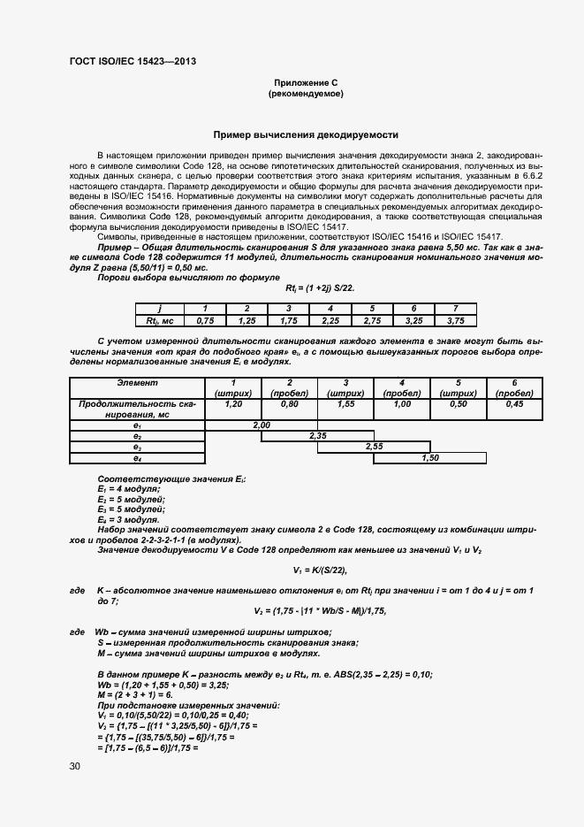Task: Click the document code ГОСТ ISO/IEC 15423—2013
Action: pyautogui.click(x=132, y=61)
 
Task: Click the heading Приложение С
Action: pyautogui.click(x=306, y=81)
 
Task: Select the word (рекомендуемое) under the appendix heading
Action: pyautogui.click(x=306, y=93)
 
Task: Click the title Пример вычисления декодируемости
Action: pyautogui.click(x=306, y=135)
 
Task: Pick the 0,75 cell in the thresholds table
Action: pyautogui.click(x=206, y=320)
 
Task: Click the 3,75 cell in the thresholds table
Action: pyautogui.click(x=456, y=320)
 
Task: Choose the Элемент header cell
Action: pyautogui.click(x=137, y=382)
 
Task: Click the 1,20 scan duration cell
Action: pyautogui.click(x=234, y=403)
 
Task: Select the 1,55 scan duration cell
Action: pyautogui.click(x=345, y=403)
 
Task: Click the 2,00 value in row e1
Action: pyautogui.click(x=262, y=425)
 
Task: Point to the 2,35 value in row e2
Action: pyautogui.click(x=318, y=436)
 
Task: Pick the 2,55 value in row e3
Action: pyautogui.click(x=374, y=447)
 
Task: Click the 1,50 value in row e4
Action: pyautogui.click(x=430, y=457)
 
